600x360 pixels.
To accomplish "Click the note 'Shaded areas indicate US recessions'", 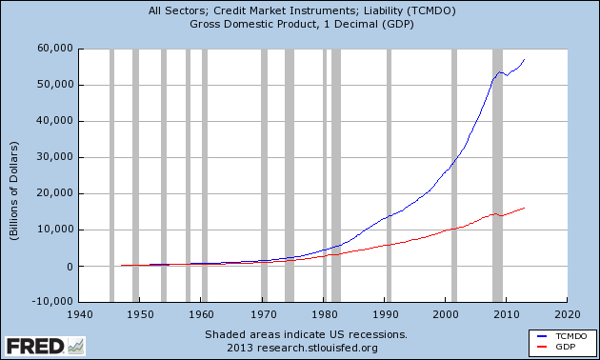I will pos(307,334).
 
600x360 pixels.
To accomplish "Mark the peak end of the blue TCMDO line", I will pos(525,59).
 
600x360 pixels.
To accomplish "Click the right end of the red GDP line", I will pos(525,208).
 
